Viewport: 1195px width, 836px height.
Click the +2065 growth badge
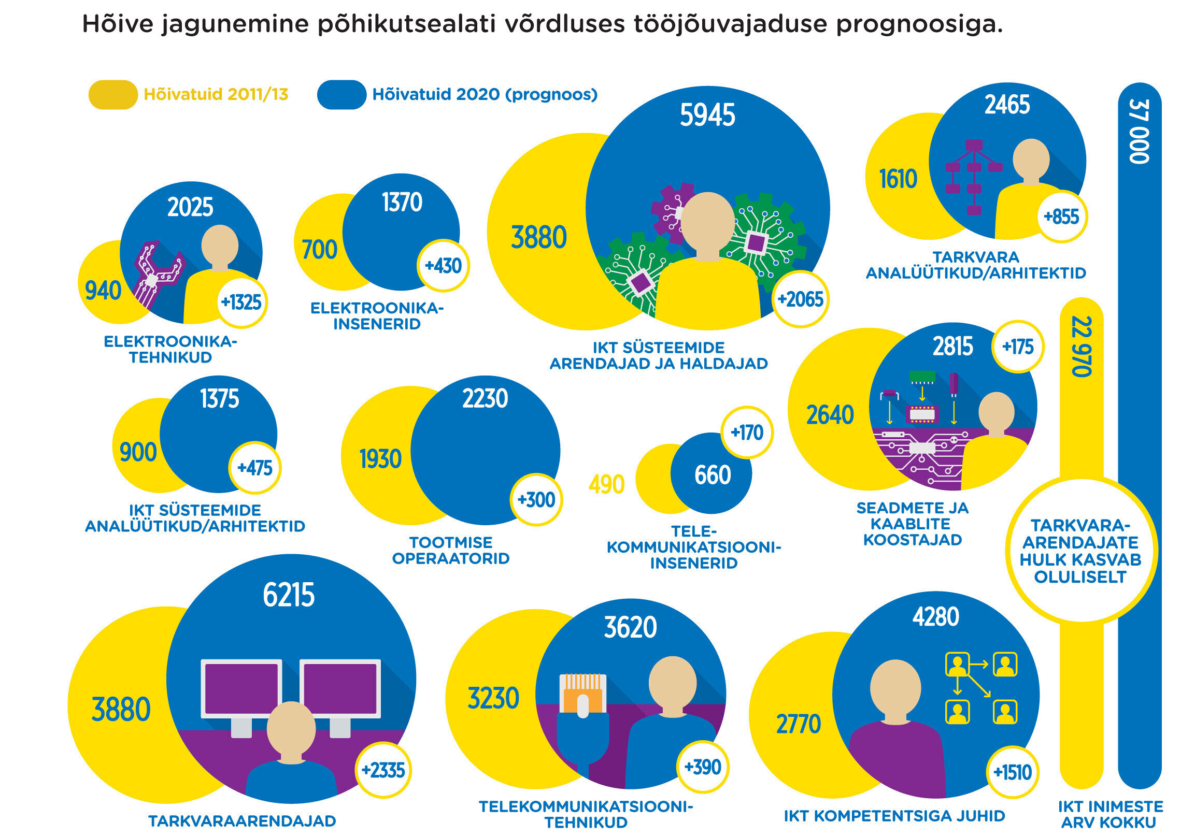[x=800, y=299]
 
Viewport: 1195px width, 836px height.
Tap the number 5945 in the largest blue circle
[x=707, y=115]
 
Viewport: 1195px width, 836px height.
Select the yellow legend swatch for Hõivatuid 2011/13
[x=113, y=95]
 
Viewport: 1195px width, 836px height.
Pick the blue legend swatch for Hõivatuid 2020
[x=342, y=95]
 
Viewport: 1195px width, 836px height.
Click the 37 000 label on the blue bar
[x=1139, y=132]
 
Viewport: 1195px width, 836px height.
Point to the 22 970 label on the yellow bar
[x=1081, y=346]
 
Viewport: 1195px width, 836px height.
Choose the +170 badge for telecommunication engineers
[x=747, y=433]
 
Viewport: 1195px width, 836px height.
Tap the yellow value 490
[x=606, y=484]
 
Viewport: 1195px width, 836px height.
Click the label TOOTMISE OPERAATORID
[x=451, y=551]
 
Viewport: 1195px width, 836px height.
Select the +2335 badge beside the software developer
[x=383, y=770]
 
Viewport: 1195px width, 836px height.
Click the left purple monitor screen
[x=241, y=688]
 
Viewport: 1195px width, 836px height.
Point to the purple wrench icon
[x=156, y=273]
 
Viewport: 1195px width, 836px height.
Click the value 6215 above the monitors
[x=289, y=595]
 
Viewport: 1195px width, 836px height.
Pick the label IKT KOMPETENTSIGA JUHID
[x=894, y=816]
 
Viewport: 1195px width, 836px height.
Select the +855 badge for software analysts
[x=1061, y=217]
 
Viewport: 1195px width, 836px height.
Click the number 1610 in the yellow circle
[x=898, y=179]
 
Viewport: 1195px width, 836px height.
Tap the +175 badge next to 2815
[x=1018, y=347]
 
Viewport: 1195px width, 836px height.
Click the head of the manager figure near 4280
[x=895, y=688]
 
